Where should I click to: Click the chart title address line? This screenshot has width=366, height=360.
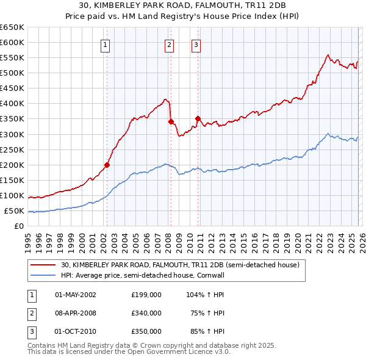(x=183, y=5)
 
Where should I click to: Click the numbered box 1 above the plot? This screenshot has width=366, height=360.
(x=106, y=44)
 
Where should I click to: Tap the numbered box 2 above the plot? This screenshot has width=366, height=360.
(x=168, y=44)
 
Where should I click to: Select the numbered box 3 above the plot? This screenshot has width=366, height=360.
(x=196, y=44)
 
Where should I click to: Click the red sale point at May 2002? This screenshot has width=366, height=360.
(x=107, y=164)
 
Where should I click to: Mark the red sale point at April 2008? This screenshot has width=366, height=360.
(x=171, y=121)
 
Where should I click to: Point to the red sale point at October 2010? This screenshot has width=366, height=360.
(x=198, y=118)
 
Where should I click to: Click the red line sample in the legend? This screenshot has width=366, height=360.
(x=43, y=265)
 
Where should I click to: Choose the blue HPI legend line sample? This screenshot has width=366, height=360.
(x=43, y=276)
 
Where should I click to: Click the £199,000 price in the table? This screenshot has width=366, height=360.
(x=146, y=294)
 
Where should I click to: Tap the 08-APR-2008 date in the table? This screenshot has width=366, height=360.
(x=76, y=313)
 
